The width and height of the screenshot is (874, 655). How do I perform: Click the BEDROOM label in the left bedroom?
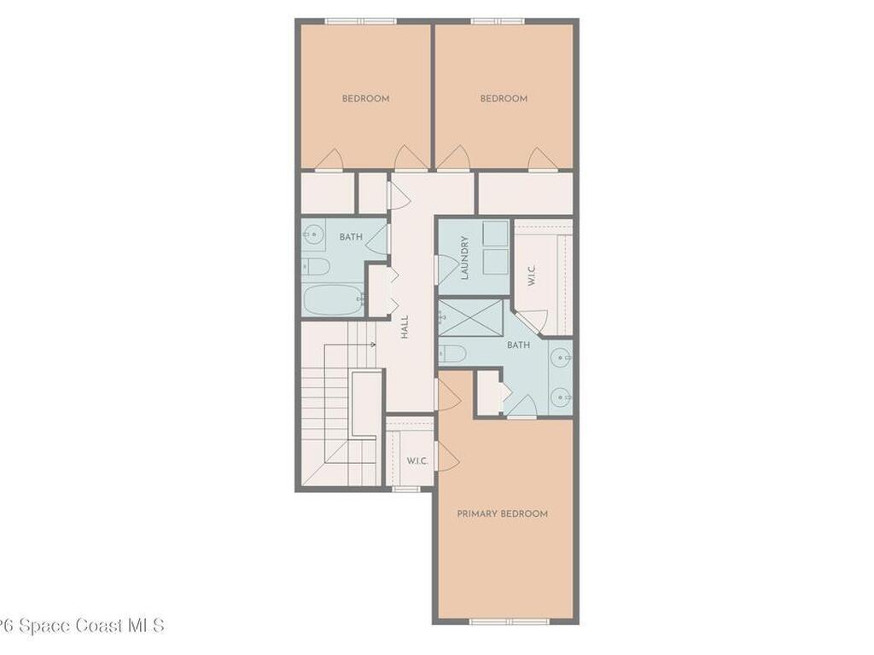tap(365, 99)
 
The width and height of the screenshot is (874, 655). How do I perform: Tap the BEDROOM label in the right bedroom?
tap(504, 99)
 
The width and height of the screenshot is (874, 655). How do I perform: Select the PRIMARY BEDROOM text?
tap(502, 513)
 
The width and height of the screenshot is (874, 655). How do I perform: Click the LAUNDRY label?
tap(465, 258)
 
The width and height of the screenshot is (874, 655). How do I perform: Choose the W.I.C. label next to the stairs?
tap(417, 461)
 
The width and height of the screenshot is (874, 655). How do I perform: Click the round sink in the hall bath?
tap(313, 233)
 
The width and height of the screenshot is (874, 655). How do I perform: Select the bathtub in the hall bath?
tap(333, 300)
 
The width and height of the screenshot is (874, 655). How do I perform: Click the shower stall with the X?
tap(471, 317)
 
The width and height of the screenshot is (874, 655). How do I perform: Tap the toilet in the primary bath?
tap(452, 352)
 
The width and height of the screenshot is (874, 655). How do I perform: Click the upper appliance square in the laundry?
tap(495, 234)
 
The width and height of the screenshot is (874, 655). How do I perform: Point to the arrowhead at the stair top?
tap(374, 345)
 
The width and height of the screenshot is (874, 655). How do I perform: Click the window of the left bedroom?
tap(360, 20)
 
